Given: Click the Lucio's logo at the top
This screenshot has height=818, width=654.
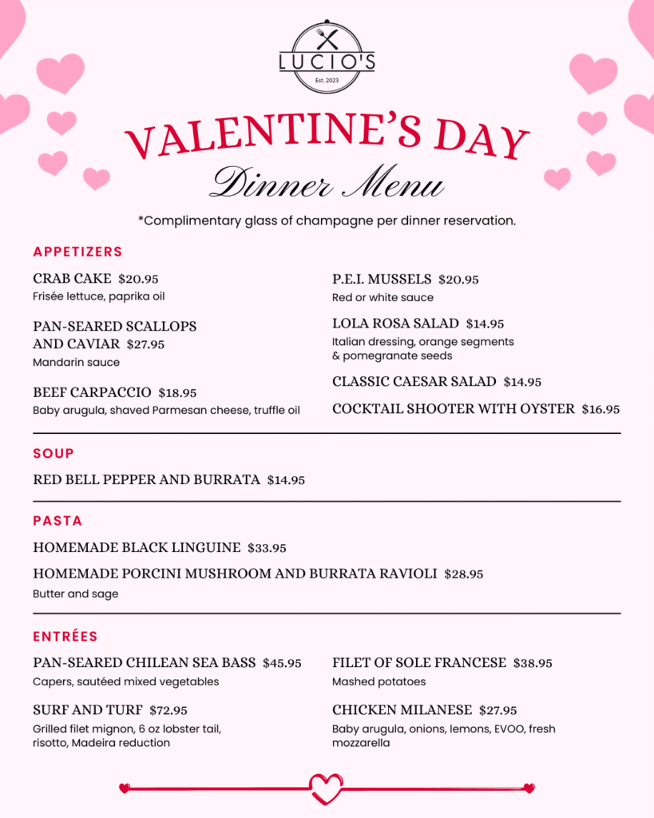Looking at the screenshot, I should tap(327, 58).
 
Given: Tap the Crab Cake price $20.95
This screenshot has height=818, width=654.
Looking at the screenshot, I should tap(138, 279).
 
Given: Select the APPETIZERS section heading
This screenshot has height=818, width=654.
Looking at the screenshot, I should tap(77, 252).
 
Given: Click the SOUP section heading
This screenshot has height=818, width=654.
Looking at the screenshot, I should tap(54, 453).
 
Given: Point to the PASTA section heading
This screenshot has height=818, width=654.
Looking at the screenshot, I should tap(57, 521).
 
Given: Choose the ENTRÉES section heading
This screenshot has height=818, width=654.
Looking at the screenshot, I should tap(65, 637).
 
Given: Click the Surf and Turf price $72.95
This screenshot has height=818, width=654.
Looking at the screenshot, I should tap(169, 710).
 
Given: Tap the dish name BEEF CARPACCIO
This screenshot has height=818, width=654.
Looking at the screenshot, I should tap(92, 392).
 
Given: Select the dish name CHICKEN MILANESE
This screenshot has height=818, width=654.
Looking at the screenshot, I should tap(402, 709).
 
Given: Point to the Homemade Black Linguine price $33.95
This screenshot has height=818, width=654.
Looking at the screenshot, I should tap(267, 548).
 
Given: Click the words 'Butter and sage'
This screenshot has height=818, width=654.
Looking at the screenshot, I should tap(75, 594).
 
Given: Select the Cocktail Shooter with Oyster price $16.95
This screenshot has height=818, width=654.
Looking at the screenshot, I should tap(600, 409).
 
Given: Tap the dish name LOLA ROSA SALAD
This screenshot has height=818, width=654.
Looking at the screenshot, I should tap(395, 323).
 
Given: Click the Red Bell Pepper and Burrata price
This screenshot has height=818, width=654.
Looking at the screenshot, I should tap(286, 480).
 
